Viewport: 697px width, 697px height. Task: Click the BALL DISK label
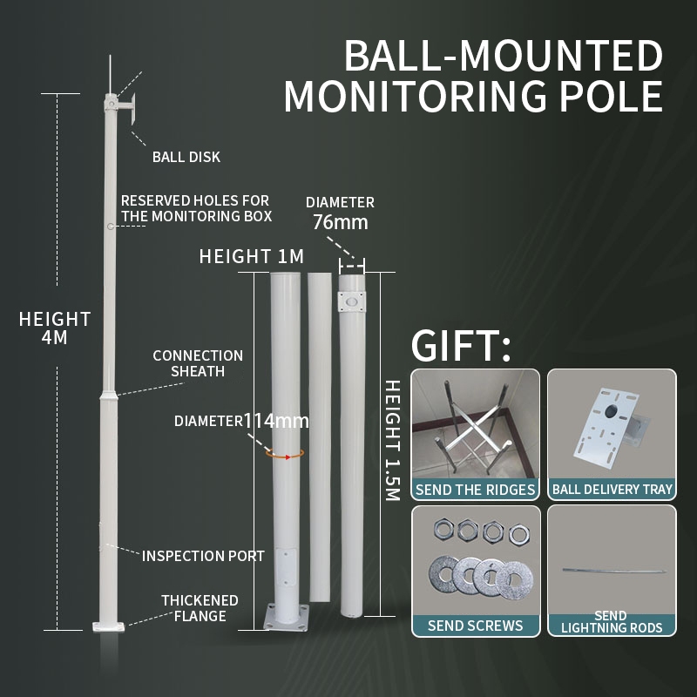click(x=186, y=158)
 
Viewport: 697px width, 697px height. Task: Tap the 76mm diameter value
click(x=340, y=223)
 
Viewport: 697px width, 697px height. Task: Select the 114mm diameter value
click(x=276, y=421)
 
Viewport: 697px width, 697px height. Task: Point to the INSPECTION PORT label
click(x=203, y=556)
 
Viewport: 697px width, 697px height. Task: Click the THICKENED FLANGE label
click(x=200, y=608)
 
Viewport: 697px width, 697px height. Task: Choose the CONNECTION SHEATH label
click(x=198, y=363)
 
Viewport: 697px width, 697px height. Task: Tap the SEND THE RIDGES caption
click(x=475, y=490)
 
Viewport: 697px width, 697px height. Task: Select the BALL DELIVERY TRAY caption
click(x=612, y=490)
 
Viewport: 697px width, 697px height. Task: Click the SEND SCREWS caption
click(x=475, y=626)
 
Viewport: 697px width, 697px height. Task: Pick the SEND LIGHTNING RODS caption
click(x=612, y=621)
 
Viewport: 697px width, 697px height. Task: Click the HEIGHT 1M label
click(x=251, y=257)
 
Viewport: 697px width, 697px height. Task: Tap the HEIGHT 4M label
click(x=55, y=328)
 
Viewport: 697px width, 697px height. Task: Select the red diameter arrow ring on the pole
click(x=285, y=454)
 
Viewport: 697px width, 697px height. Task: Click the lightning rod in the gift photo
click(x=611, y=571)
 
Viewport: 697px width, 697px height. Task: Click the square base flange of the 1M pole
click(x=287, y=615)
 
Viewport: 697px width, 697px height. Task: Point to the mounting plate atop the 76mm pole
click(x=352, y=301)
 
